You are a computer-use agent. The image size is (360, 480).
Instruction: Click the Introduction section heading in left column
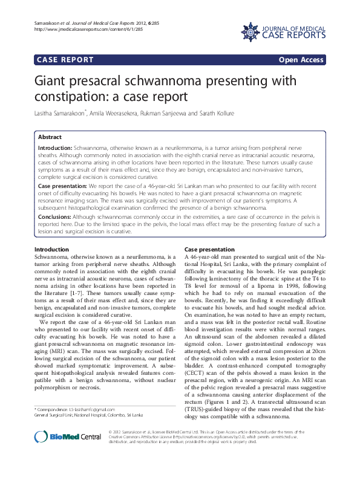(x=51, y=250)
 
